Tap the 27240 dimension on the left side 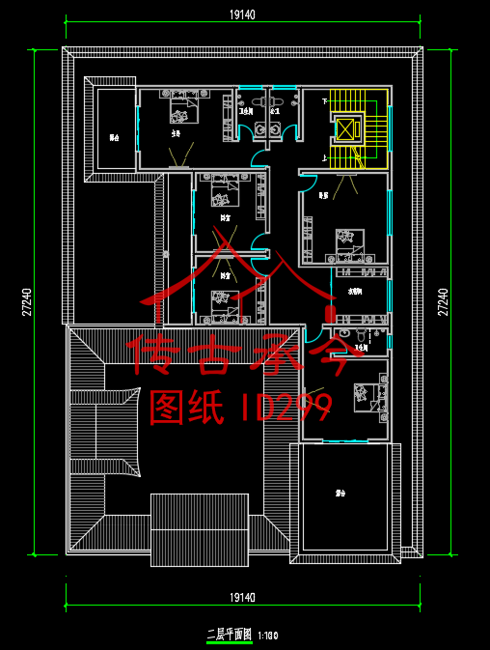click(x=26, y=302)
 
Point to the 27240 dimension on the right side click(x=443, y=302)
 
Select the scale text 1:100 click(x=268, y=636)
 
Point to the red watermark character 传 click(x=156, y=353)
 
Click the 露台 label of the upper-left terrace click(x=114, y=137)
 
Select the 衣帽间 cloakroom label click(x=355, y=291)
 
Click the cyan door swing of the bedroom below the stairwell click(x=309, y=181)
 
